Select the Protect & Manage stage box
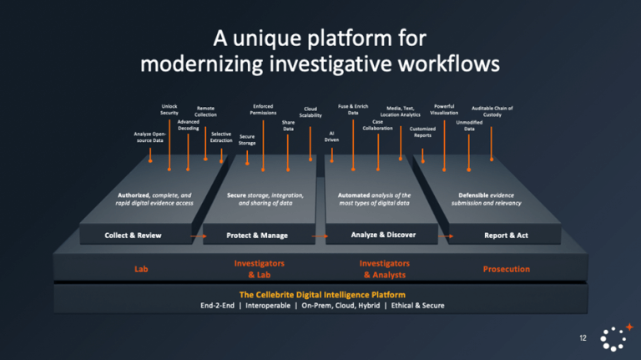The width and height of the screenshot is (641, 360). click(250, 236)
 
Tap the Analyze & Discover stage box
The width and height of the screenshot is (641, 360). click(383, 235)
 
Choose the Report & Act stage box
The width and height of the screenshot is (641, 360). click(506, 236)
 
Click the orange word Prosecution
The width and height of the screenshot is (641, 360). click(506, 269)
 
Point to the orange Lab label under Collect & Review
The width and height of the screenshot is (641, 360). click(141, 269)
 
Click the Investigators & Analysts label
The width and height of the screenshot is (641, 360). click(384, 269)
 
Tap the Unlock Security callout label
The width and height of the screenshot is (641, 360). click(169, 109)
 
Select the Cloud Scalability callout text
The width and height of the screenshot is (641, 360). click(310, 112)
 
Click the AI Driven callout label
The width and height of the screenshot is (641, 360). click(331, 135)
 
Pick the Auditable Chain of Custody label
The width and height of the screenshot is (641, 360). click(492, 111)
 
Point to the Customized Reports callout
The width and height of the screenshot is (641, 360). click(422, 132)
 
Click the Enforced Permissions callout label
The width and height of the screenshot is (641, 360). click(263, 109)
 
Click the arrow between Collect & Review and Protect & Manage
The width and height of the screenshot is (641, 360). click(197, 236)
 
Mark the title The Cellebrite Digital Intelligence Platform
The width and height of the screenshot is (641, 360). click(322, 295)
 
